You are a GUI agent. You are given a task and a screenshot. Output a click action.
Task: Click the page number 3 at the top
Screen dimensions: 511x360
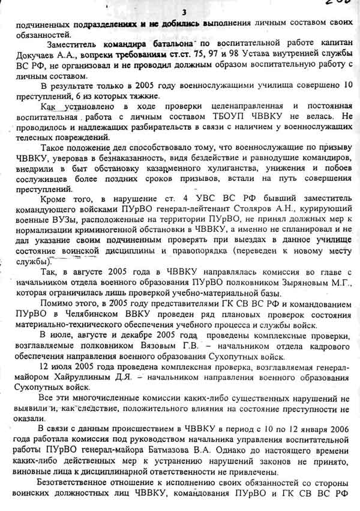pos(184,13)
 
